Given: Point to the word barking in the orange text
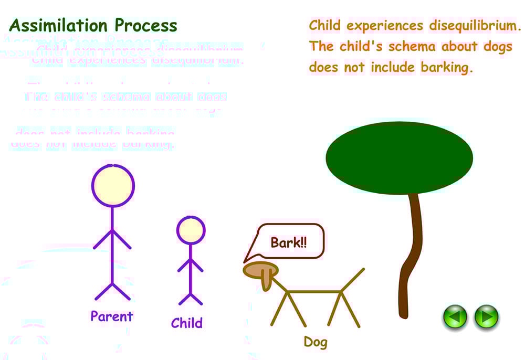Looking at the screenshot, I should pos(447,67).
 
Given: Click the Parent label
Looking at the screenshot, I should pos(112,316).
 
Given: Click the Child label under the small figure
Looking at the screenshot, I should pos(186,323).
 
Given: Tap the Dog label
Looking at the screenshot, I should pos(316,343).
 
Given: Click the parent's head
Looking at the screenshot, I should pos(113,186).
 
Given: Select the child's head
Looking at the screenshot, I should pos(191,230).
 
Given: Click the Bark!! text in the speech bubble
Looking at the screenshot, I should pos(288,242).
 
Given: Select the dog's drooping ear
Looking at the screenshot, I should pos(267,279).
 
